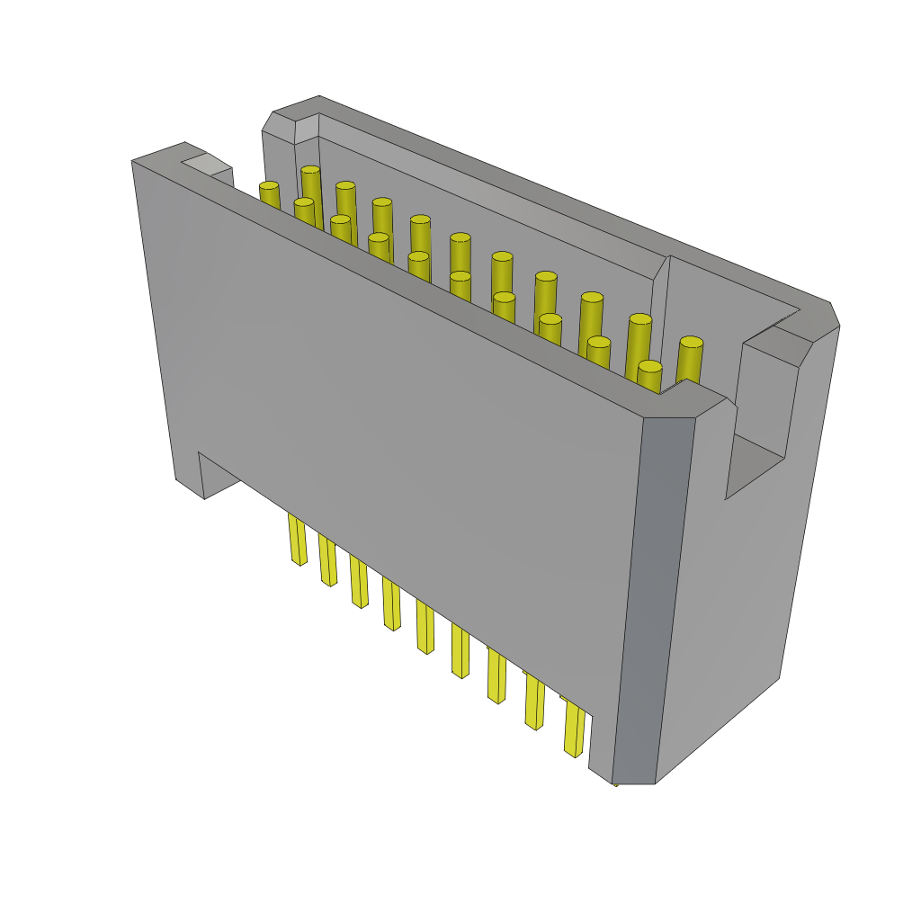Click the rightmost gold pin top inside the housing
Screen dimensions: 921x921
pyautogui.click(x=691, y=342)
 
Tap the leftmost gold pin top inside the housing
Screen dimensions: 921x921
pyautogui.click(x=269, y=186)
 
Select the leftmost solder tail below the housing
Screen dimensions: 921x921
pyautogui.click(x=297, y=538)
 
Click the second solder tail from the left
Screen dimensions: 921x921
pyautogui.click(x=327, y=559)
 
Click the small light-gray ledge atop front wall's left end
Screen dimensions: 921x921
pyautogui.click(x=206, y=164)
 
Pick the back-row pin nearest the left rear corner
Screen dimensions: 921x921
pyautogui.click(x=310, y=170)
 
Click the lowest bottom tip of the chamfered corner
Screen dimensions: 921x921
pyautogui.click(x=633, y=782)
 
